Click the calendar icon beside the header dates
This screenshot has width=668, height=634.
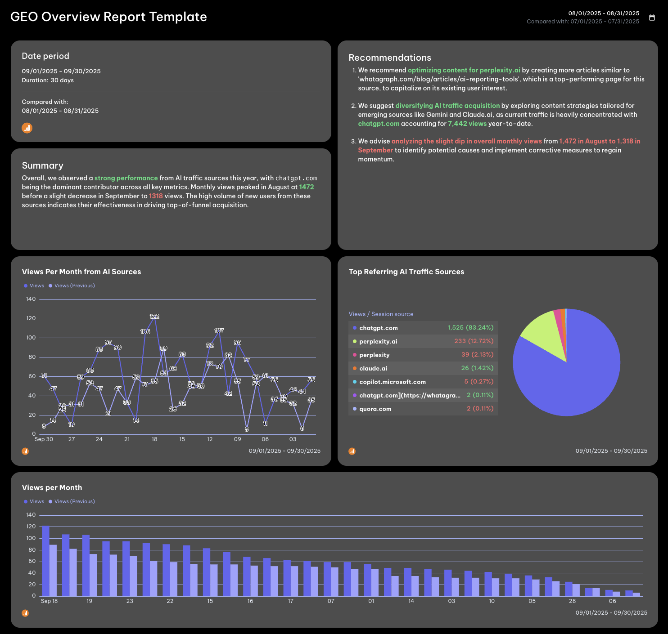click(x=652, y=18)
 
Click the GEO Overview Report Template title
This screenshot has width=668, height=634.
click(x=108, y=17)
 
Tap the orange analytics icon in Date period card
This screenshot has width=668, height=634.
click(x=27, y=128)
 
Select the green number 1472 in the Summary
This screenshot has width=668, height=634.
click(x=307, y=187)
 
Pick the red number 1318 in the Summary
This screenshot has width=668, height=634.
click(x=156, y=196)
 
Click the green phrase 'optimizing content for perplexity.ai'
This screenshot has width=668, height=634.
click(x=464, y=70)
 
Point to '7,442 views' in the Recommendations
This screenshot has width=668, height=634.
click(x=467, y=124)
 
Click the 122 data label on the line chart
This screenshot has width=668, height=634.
click(x=154, y=317)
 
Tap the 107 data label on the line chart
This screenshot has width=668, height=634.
click(x=219, y=331)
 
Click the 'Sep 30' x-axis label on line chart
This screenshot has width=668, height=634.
click(x=44, y=439)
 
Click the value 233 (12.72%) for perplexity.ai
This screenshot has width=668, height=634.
click(x=474, y=341)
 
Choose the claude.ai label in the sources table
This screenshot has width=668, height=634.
click(x=373, y=368)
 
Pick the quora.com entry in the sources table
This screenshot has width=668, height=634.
click(x=375, y=409)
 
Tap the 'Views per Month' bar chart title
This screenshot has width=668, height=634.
click(x=52, y=488)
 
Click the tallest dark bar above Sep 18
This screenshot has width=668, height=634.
click(x=45, y=561)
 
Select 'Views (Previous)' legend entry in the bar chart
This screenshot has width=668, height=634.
click(x=74, y=501)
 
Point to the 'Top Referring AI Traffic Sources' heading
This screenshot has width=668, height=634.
click(x=406, y=272)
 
